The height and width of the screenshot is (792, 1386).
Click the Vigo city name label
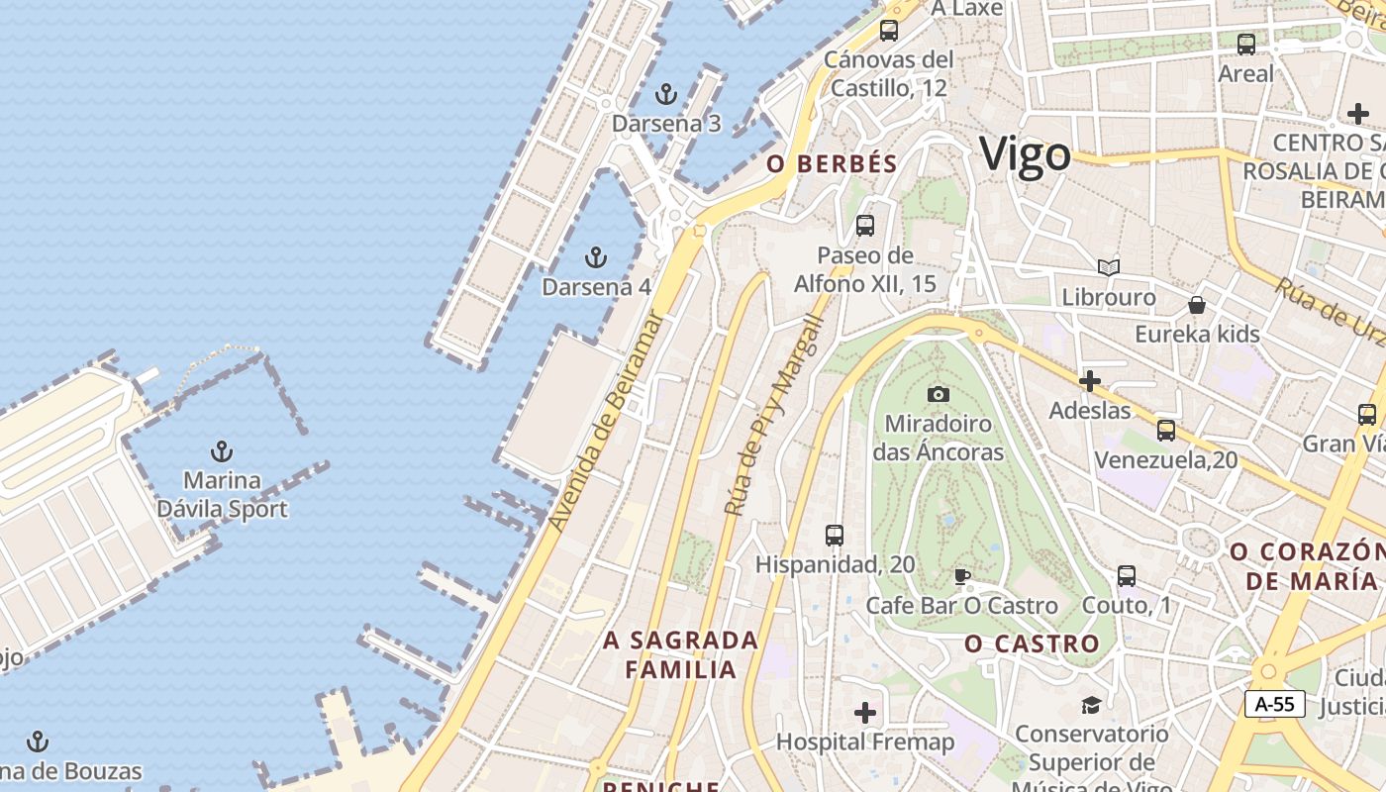click(1025, 155)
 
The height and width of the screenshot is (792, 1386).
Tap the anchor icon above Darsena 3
click(666, 95)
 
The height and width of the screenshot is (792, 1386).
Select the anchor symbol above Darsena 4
click(595, 258)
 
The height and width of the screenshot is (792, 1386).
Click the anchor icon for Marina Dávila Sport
click(222, 451)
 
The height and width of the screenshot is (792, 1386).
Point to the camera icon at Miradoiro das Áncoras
click(938, 394)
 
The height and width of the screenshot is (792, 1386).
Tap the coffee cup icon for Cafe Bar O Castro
click(961, 576)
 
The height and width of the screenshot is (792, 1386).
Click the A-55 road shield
click(1274, 704)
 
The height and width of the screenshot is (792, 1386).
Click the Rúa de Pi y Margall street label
click(774, 416)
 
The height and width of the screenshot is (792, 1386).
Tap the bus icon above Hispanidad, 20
click(835, 536)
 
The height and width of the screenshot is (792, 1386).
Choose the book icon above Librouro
click(1109, 268)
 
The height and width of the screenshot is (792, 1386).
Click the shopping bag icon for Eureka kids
click(1197, 305)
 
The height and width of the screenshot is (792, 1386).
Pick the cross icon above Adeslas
click(1090, 381)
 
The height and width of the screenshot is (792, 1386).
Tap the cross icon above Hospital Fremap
click(865, 713)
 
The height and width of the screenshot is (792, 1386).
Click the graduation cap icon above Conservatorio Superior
click(1090, 705)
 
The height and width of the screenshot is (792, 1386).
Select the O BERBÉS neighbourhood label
click(832, 164)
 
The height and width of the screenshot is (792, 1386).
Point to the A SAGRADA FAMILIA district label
click(681, 654)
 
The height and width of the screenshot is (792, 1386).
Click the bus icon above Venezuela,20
click(1166, 431)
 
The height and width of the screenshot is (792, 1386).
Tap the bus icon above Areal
click(1246, 45)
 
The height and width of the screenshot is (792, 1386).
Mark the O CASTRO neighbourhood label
click(1032, 644)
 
